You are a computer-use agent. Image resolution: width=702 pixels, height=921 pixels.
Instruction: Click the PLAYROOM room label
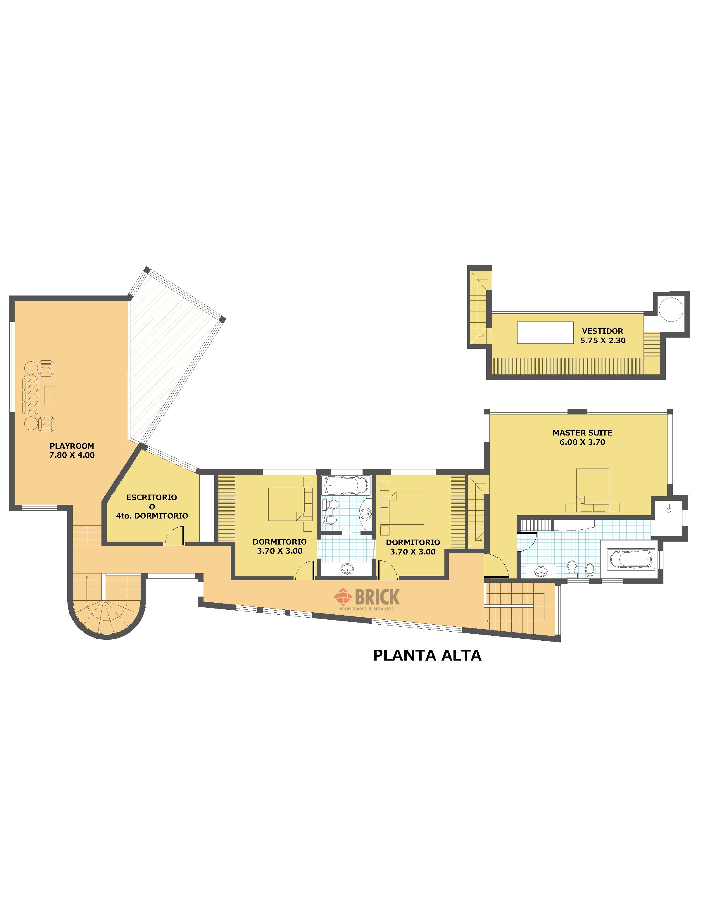coord(72,446)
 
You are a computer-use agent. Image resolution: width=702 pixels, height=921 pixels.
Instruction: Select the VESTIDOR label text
coord(603,331)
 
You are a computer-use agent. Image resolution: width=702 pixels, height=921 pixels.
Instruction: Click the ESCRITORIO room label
coord(152,497)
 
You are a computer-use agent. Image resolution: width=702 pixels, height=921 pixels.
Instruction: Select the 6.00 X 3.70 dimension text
coord(582,442)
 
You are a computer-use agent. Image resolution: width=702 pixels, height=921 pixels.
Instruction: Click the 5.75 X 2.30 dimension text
coord(603,341)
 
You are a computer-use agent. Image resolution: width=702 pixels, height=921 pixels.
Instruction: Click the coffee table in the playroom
coord(49,395)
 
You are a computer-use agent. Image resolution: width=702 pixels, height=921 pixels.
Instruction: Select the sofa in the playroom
coord(30,395)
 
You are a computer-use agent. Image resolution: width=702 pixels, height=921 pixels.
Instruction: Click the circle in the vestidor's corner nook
coord(671,310)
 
